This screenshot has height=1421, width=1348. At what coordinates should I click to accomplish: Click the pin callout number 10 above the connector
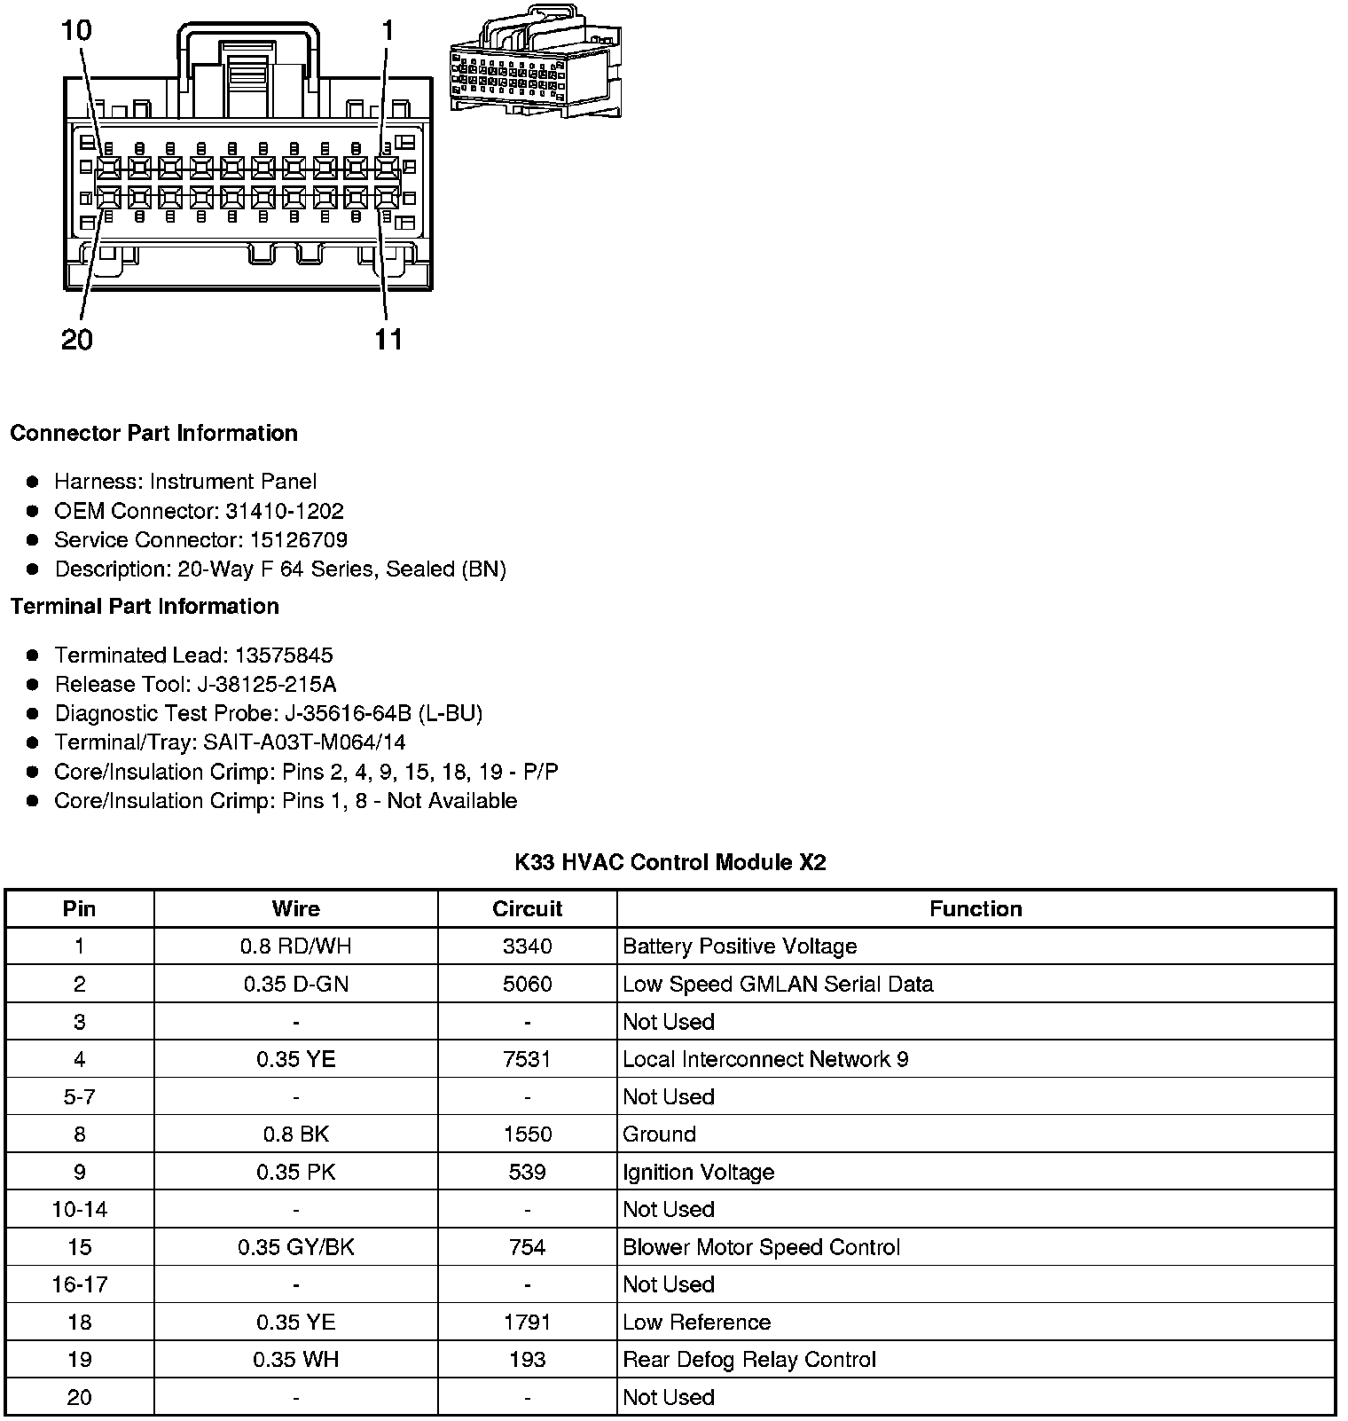[76, 31]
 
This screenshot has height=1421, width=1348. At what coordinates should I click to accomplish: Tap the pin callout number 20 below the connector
[76, 340]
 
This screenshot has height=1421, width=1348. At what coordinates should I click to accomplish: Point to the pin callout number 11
[388, 340]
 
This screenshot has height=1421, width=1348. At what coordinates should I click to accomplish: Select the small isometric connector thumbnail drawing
[536, 63]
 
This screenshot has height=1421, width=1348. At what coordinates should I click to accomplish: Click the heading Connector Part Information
[153, 433]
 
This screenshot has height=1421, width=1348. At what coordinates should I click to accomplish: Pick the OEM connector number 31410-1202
[290, 511]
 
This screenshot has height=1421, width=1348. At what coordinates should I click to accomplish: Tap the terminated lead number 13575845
[284, 656]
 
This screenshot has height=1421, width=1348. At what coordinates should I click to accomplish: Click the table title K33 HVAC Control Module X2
[670, 862]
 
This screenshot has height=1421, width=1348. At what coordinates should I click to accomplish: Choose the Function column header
[976, 909]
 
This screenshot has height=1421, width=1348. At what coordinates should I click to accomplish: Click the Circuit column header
[527, 909]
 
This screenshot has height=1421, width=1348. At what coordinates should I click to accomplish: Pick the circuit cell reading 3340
[527, 946]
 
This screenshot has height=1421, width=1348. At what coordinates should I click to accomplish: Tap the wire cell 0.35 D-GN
[295, 985]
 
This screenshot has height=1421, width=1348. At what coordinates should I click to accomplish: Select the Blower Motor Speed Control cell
[761, 1247]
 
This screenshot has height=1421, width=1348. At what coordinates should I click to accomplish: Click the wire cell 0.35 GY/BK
[295, 1247]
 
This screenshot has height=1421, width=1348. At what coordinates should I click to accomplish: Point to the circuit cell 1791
[527, 1323]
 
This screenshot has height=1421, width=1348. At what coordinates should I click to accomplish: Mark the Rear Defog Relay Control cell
[749, 1360]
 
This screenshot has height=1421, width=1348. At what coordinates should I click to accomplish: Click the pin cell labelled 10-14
[79, 1210]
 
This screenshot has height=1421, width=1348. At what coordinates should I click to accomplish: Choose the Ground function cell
[659, 1134]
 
